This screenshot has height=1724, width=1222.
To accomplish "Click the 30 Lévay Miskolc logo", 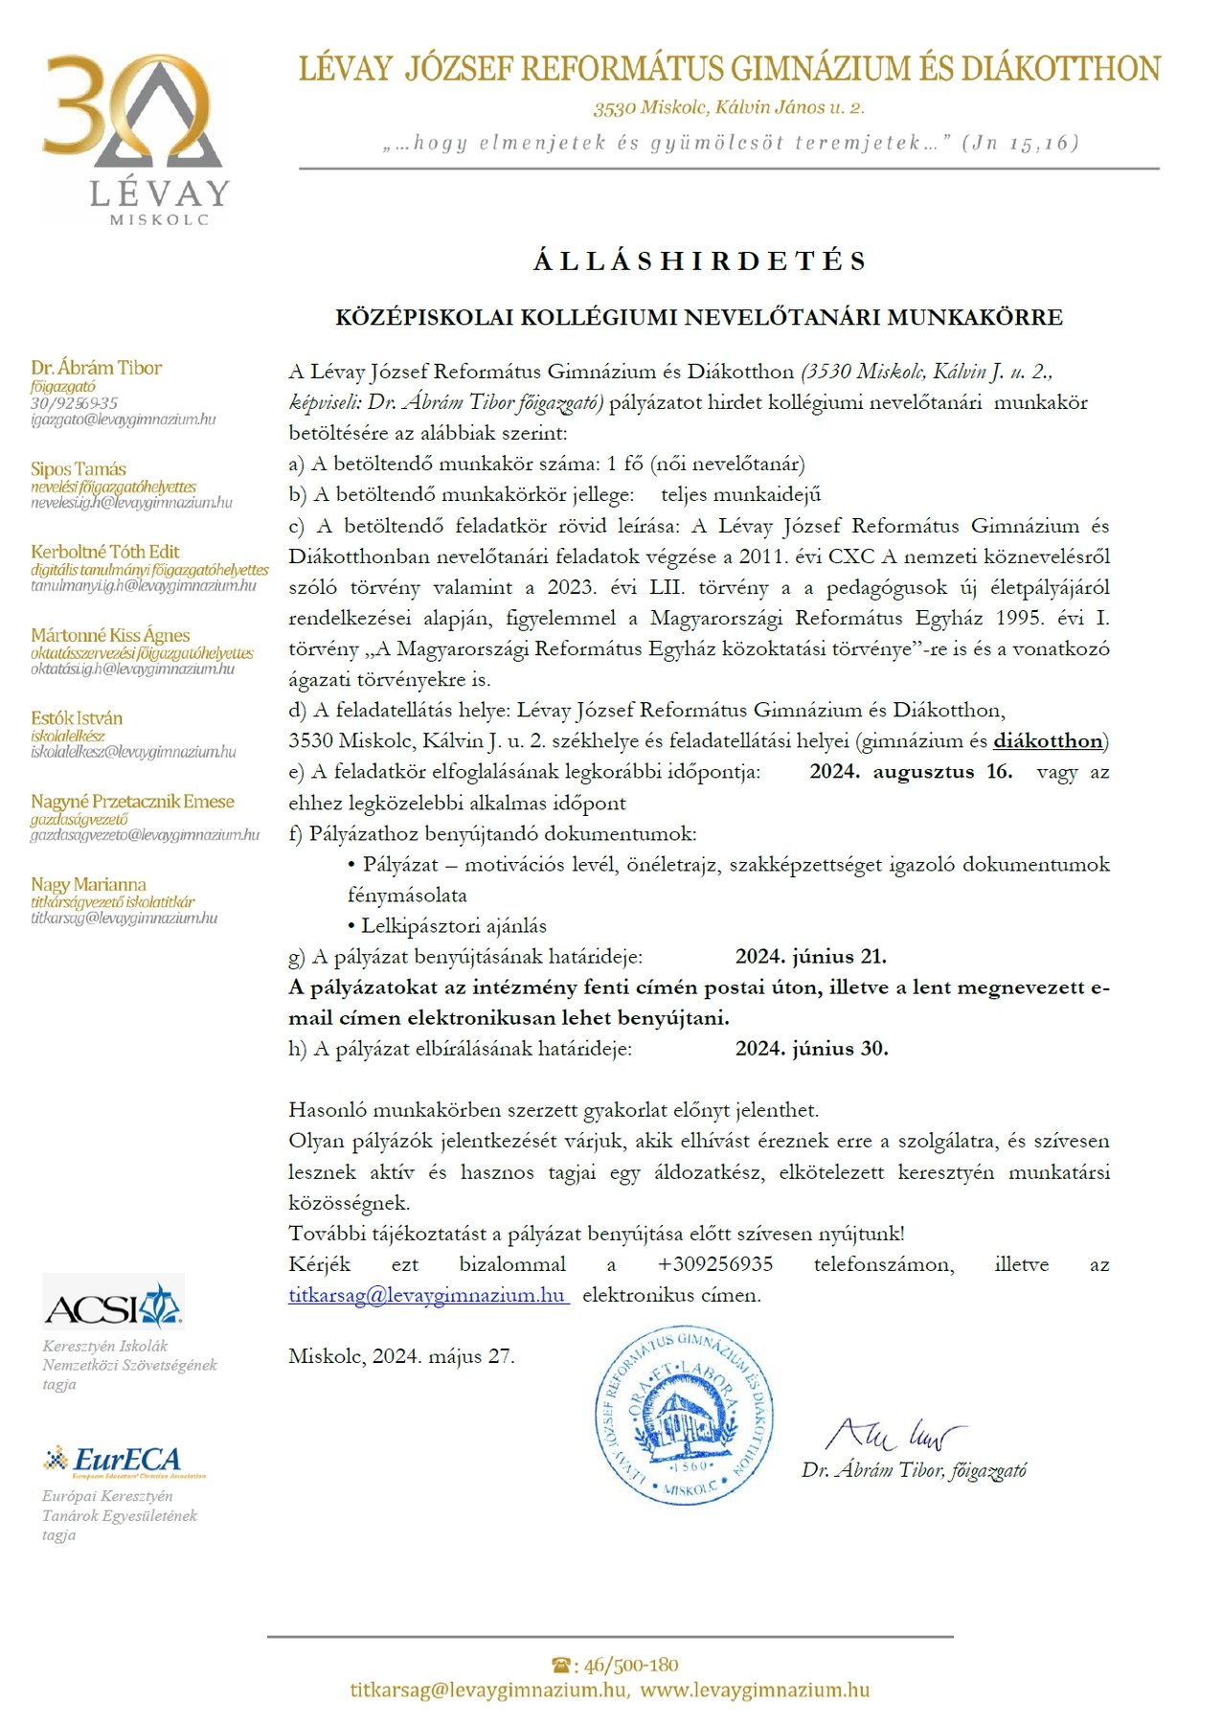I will coord(135,140).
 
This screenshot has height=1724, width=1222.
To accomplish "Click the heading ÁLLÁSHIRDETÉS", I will coord(700,261).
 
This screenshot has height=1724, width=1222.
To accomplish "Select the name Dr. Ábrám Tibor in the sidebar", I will coord(96,368).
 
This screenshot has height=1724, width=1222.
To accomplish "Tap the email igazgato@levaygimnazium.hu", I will coord(123,420).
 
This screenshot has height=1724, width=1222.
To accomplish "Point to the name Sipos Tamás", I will coord(79,469).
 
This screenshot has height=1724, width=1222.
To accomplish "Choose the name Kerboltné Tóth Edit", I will coord(105,552).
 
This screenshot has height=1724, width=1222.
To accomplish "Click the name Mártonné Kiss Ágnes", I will coord(110,635).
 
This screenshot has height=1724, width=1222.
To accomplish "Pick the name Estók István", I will coord(77,718).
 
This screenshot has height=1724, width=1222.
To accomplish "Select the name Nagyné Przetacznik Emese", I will coord(132,802).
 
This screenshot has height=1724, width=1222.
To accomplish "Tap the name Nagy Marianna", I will coord(88,884).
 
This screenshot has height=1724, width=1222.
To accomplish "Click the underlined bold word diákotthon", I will coord(1048,741).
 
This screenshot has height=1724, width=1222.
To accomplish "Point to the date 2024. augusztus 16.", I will coord(911,772).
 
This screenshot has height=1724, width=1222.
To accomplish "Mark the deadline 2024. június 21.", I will coord(811,957).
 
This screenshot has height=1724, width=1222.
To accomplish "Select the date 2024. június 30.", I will coord(812,1049).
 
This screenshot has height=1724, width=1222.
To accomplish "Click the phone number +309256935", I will coord(715,1264).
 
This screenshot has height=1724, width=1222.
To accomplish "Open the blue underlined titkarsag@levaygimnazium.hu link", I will coord(428,1295).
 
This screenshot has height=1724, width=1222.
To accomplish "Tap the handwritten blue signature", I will coord(894,1434).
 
